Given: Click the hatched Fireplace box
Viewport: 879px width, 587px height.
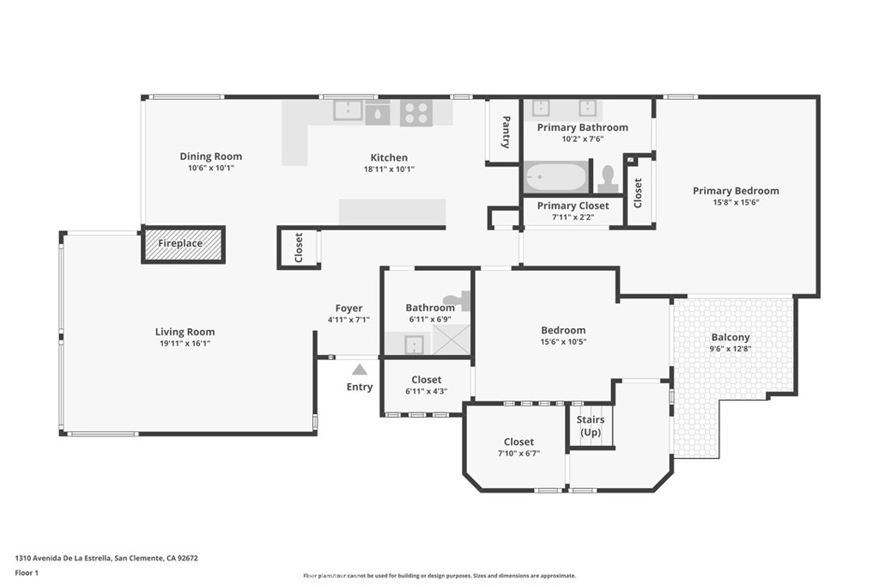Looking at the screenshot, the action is [183, 244].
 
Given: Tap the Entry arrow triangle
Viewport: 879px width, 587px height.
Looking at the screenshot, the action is [360, 370].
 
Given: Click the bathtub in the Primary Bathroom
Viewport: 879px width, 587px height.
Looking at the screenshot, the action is [555, 177].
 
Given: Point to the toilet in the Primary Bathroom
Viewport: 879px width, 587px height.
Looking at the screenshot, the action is [607, 179].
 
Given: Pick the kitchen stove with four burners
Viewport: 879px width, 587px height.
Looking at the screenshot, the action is [416, 113].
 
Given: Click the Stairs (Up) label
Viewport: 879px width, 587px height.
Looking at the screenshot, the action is [591, 426].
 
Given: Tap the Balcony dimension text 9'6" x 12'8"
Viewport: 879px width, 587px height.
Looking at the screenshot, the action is [730, 348].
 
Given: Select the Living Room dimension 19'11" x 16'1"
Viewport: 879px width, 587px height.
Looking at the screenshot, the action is [185, 344].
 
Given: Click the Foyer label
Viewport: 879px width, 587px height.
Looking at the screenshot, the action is [349, 308].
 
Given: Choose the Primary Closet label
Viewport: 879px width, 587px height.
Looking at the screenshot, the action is [573, 206].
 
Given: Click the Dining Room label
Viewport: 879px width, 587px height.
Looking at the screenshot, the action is [211, 156].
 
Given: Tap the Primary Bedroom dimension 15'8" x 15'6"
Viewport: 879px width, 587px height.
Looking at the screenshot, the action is [736, 203].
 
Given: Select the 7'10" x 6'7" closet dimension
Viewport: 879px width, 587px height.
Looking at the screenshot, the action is [518, 454].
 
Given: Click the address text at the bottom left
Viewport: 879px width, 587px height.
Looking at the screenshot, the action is [106, 558].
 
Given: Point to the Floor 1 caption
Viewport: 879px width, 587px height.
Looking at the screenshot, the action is [27, 573].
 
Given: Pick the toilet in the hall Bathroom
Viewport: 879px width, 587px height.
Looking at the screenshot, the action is [458, 300].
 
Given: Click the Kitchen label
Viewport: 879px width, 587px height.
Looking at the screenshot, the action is [389, 157].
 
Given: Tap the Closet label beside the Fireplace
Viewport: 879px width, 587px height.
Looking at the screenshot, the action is [298, 248].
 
